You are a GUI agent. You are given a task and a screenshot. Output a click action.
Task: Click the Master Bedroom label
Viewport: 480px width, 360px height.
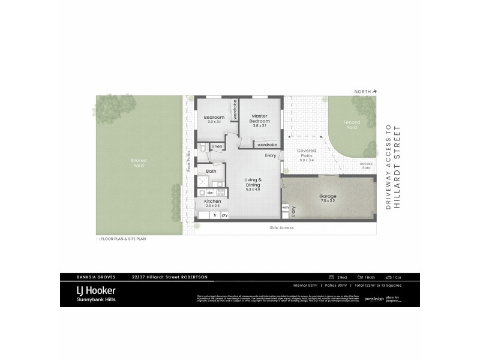point(259,118)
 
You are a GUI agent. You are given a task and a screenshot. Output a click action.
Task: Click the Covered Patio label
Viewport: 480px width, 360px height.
point(307,154)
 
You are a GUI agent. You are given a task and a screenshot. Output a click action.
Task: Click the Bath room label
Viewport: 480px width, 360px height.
point(211,172)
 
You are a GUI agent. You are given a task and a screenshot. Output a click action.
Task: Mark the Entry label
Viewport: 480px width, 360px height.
point(271,156)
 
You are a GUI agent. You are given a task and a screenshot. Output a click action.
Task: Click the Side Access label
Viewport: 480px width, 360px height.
point(280,228)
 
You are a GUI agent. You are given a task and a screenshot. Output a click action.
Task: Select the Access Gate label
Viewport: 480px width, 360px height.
point(366,166)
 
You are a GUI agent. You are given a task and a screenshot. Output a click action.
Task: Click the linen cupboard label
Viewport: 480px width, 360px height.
point(217,146)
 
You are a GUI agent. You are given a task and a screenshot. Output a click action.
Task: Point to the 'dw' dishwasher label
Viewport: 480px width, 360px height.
point(210,193)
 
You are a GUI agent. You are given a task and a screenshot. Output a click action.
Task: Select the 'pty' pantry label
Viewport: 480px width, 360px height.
point(224,215)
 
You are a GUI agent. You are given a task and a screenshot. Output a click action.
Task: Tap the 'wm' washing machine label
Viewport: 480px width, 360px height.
point(285,208)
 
